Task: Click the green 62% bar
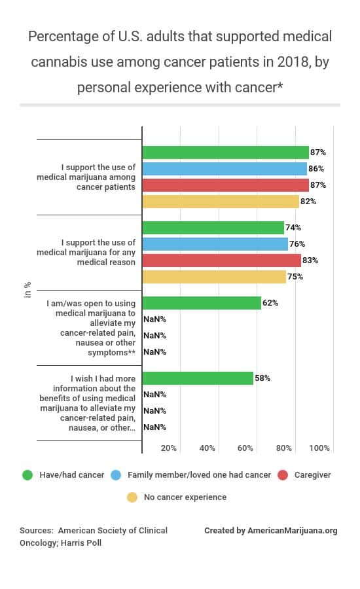click(x=202, y=303)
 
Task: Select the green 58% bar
click(x=198, y=378)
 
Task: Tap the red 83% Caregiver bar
click(x=221, y=260)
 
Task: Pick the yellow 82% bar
click(x=221, y=202)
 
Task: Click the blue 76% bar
click(x=215, y=244)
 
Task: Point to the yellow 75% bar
click(x=214, y=277)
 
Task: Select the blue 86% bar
click(x=225, y=169)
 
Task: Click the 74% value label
click(x=293, y=228)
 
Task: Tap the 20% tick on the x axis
click(x=169, y=448)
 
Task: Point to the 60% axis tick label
click(x=245, y=448)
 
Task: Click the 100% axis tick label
click(x=319, y=448)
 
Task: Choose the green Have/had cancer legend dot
click(x=27, y=474)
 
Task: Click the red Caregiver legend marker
click(x=283, y=474)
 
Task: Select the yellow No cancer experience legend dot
click(x=132, y=497)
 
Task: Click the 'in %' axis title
click(x=27, y=289)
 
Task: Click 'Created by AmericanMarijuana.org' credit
click(x=270, y=531)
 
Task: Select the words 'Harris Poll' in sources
click(x=82, y=543)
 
